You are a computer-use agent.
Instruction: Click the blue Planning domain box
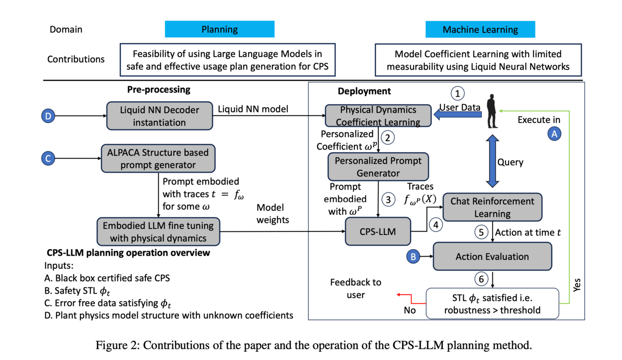(x=220, y=29)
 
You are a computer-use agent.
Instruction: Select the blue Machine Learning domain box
(x=480, y=29)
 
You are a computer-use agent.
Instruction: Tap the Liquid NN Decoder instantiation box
(x=159, y=116)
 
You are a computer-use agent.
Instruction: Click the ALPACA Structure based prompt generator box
(x=158, y=158)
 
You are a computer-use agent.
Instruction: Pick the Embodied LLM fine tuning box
(x=158, y=231)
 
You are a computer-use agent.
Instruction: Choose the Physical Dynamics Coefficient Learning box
(x=378, y=116)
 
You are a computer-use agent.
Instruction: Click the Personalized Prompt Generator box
(x=378, y=167)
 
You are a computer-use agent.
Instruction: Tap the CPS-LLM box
(x=378, y=231)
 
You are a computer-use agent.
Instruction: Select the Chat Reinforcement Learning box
(x=492, y=207)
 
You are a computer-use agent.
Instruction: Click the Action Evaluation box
(x=492, y=256)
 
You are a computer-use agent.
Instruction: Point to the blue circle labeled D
(x=48, y=116)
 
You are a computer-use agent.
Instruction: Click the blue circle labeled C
(x=48, y=158)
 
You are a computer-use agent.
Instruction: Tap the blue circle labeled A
(x=554, y=134)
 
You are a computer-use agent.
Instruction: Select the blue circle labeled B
(x=413, y=257)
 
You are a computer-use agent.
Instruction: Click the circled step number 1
(x=458, y=93)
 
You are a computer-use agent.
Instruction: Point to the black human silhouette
(x=492, y=111)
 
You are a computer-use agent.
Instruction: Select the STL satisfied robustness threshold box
(x=492, y=303)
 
